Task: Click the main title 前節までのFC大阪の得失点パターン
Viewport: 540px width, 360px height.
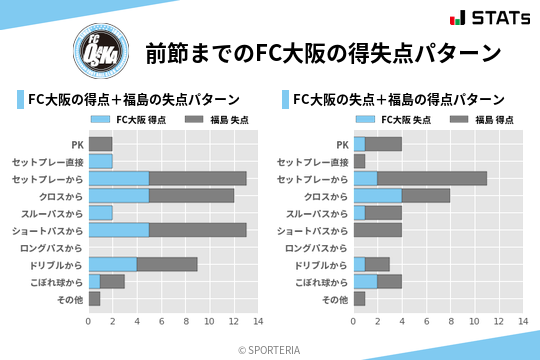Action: (322, 52)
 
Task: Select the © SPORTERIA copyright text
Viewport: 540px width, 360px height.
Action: (270, 349)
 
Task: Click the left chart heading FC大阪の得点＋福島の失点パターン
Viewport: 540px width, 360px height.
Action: (133, 100)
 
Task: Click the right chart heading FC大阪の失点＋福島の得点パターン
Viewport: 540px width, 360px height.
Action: (398, 100)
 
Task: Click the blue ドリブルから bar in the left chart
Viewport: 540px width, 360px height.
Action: (112, 264)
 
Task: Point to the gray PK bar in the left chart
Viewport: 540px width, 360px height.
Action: (100, 144)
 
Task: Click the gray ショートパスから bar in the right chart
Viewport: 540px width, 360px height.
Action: (377, 230)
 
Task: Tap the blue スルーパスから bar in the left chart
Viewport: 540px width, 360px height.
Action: (100, 213)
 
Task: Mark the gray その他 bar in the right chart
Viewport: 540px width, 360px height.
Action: (359, 298)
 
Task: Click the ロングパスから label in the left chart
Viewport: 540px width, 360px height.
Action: (51, 247)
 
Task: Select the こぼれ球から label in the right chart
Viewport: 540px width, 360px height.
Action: (317, 281)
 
